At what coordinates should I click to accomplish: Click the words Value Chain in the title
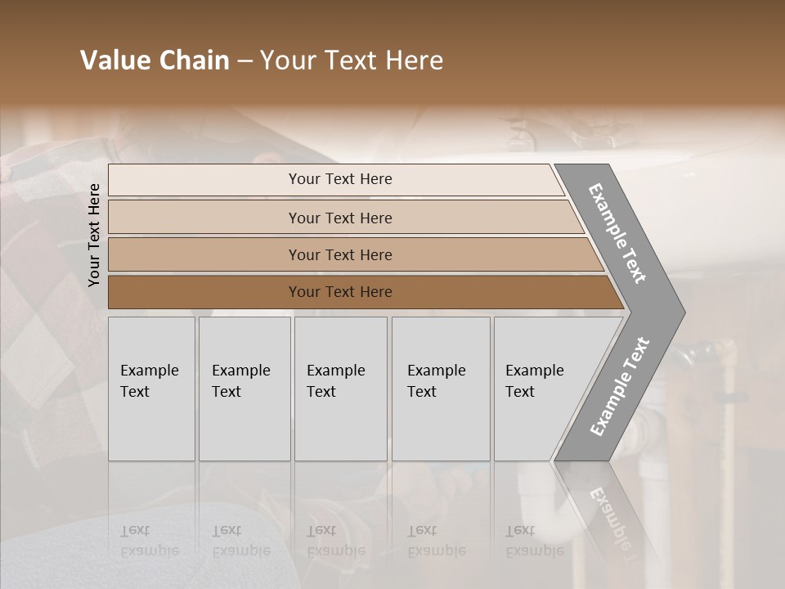pos(155,61)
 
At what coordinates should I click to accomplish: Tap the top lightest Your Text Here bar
pos(339,179)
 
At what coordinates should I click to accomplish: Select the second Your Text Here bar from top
pos(339,218)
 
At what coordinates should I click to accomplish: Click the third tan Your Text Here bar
pos(339,254)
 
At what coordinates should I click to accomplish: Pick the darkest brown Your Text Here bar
pos(339,292)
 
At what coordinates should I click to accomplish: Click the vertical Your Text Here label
pos(94,235)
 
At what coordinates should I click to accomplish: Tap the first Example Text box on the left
pos(151,388)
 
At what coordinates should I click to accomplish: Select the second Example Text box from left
pos(244,388)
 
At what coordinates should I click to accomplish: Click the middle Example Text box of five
pos(339,388)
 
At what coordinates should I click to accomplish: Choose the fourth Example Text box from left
pos(440,388)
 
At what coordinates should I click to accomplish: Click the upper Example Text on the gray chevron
pos(618,232)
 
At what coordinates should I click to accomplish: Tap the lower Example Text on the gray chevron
pos(620,387)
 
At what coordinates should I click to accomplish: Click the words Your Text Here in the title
pos(352,61)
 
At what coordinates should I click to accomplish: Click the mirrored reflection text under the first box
pos(137,541)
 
